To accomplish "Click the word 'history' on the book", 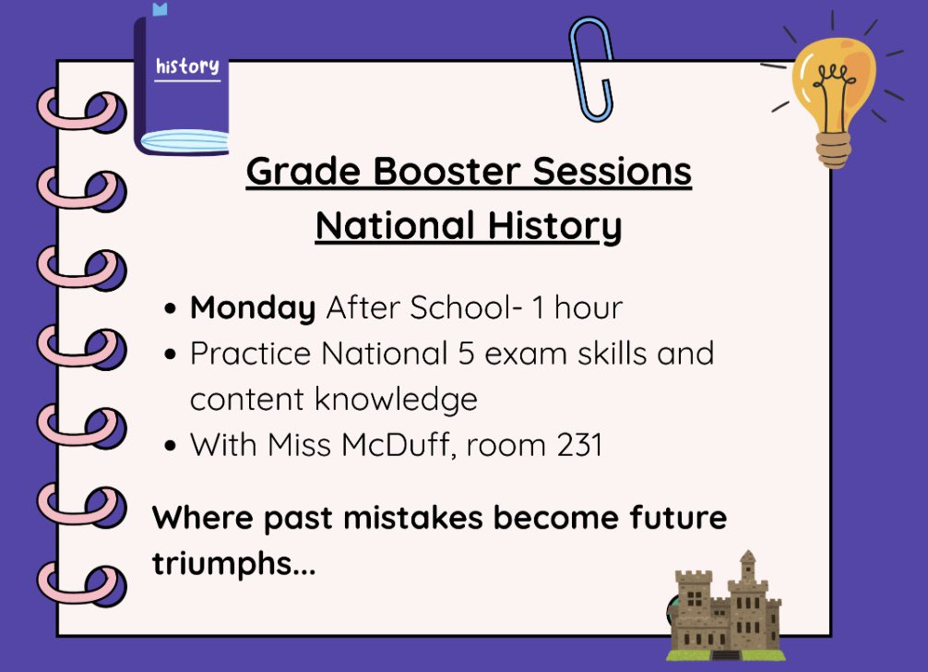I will point(187,66).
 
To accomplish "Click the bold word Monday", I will point(252,308).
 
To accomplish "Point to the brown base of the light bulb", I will point(832,148).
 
